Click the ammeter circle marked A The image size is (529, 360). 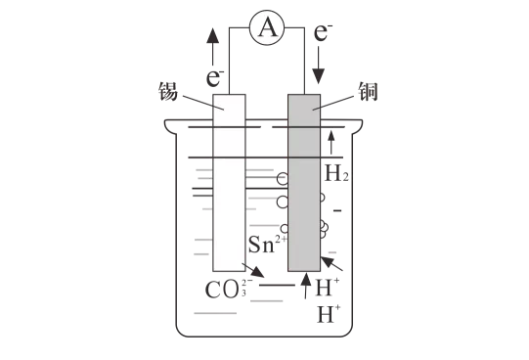pyautogui.click(x=267, y=27)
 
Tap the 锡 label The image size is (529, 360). pyautogui.click(x=168, y=91)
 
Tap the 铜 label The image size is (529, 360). pyautogui.click(x=368, y=91)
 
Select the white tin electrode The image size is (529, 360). pyautogui.click(x=229, y=183)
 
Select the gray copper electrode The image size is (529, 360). pyautogui.click(x=304, y=183)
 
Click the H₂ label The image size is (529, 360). pyautogui.click(x=336, y=173)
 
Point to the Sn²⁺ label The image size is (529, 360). pyautogui.click(x=268, y=244)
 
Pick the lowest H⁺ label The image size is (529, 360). pyautogui.click(x=329, y=314)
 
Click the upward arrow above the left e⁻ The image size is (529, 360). pyautogui.click(x=212, y=47)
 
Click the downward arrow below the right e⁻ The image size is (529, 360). pyautogui.click(x=318, y=66)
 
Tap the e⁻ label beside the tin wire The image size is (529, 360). pyautogui.click(x=215, y=77)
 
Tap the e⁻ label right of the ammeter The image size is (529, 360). pyautogui.click(x=324, y=31)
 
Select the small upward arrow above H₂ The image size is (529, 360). pyautogui.click(x=331, y=143)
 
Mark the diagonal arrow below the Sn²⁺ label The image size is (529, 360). pyautogui.click(x=253, y=270)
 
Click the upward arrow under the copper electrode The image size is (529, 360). pyautogui.click(x=306, y=286)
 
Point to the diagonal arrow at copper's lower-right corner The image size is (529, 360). pyautogui.click(x=331, y=264)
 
